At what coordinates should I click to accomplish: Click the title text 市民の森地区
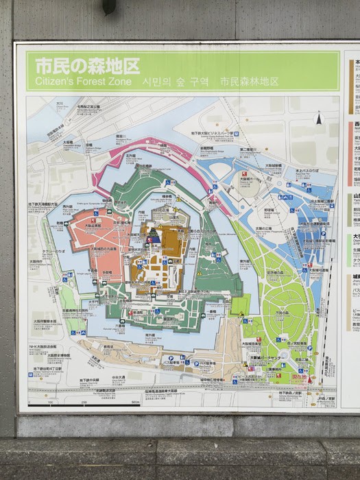[x=87, y=66]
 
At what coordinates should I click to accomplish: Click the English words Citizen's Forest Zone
[x=82, y=81]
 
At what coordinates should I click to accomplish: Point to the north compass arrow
[x=318, y=118]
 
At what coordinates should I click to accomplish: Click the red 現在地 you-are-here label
[x=300, y=376]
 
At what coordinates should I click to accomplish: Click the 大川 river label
[x=60, y=104]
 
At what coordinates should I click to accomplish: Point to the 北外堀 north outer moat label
[x=130, y=156]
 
